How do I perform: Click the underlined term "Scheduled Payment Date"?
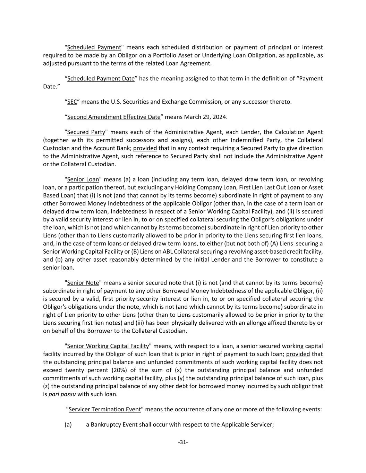(101, 79)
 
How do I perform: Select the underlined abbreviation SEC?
(72, 102)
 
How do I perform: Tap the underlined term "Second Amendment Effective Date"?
(114, 117)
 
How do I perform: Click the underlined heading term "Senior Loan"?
(83, 179)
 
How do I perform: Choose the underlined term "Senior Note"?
(83, 283)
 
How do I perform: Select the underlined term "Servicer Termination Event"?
(105, 410)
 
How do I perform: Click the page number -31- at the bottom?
(183, 442)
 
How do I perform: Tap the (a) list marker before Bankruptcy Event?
(68, 424)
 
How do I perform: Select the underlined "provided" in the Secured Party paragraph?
(145, 148)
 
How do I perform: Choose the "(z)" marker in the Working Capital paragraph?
(46, 386)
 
